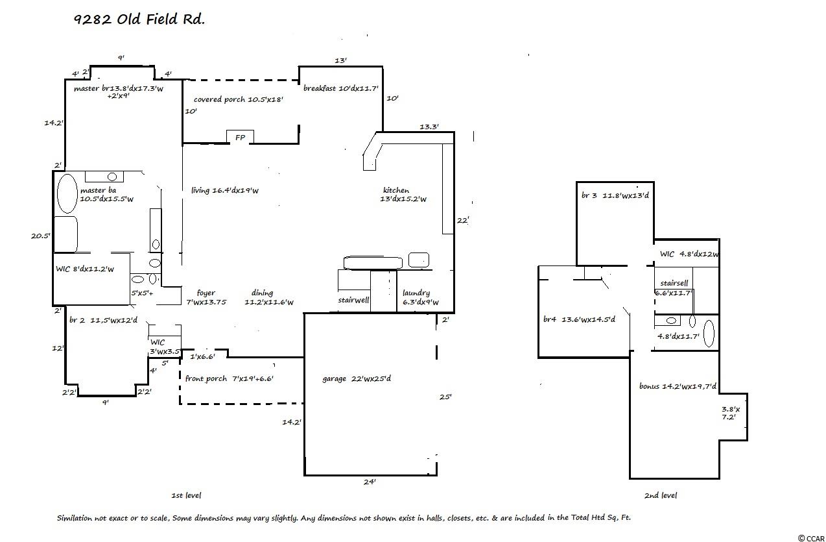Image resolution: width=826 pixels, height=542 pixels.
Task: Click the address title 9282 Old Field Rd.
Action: click(139, 19)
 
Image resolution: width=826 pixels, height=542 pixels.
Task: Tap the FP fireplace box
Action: click(240, 138)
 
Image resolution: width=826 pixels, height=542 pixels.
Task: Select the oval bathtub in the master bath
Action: click(67, 193)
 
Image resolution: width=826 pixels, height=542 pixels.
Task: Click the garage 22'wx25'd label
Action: click(357, 378)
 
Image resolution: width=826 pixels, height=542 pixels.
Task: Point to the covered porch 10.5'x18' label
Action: click(239, 100)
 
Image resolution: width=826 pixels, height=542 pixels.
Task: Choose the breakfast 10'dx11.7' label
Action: click(340, 88)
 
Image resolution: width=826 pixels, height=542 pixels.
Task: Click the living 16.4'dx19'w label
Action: click(225, 190)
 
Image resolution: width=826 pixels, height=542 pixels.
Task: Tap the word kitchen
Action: click(395, 190)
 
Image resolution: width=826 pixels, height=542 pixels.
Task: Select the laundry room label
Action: click(416, 293)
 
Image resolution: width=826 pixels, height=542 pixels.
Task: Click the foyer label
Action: click(206, 293)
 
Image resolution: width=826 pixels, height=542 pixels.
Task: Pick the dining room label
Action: click(262, 293)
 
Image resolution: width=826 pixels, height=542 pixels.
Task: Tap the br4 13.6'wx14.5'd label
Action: click(579, 319)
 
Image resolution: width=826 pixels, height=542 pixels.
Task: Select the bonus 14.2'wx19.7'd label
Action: click(678, 386)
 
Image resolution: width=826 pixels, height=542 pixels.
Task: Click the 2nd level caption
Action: click(661, 495)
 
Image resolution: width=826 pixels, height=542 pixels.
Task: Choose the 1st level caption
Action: click(186, 495)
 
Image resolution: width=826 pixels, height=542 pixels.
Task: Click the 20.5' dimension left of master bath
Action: click(40, 236)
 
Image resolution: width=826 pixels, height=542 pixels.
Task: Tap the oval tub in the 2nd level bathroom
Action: click(709, 334)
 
